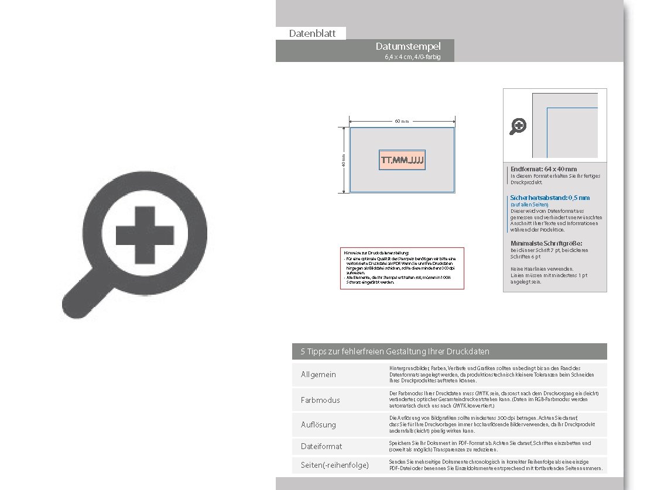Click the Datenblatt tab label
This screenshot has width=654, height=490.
312,34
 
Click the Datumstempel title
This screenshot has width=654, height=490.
408,46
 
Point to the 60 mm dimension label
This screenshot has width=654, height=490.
401,121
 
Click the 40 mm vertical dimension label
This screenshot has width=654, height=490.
344,160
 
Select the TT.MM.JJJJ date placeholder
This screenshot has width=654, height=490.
402,160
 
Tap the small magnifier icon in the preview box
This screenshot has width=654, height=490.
518,126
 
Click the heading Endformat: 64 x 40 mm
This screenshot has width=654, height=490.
543,169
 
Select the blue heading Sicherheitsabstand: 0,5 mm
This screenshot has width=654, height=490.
550,198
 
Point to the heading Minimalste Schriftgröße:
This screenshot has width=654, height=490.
547,243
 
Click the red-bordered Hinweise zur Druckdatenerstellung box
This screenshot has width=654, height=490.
402,268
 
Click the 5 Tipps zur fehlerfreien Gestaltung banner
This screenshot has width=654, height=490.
395,351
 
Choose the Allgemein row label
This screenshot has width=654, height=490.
318,374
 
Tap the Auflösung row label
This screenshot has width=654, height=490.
318,425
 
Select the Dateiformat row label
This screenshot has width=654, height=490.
321,446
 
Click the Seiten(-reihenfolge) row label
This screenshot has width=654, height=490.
334,465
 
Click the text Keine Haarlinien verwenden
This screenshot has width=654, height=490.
542,269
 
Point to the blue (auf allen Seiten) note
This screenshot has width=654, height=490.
529,205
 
